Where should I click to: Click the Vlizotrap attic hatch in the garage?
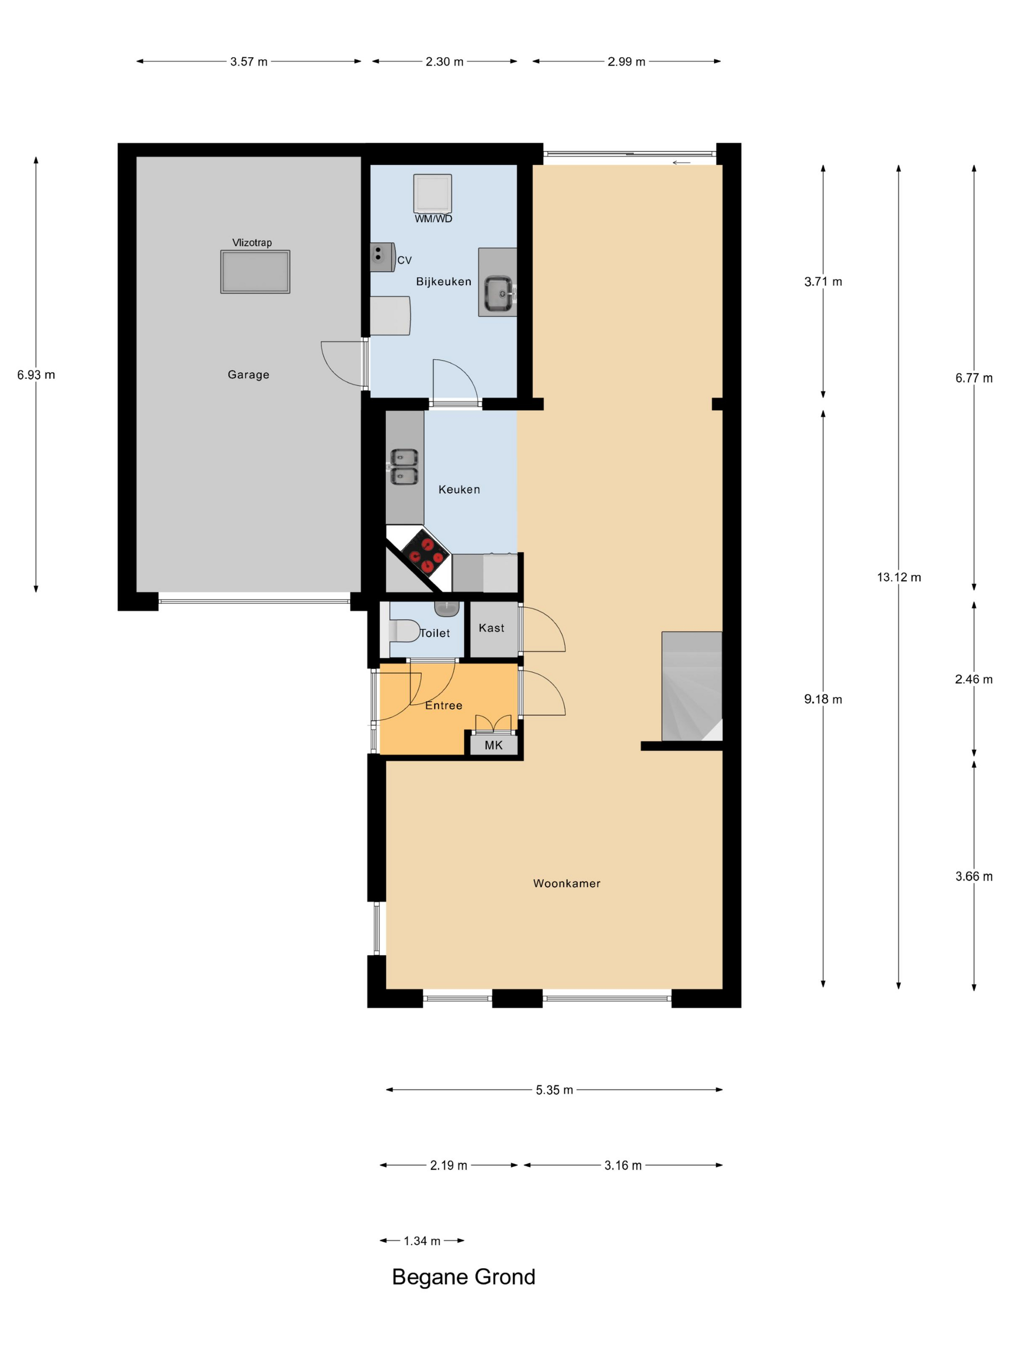[x=255, y=272]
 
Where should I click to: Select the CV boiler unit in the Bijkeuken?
[x=382, y=257]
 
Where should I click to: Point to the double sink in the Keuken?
[x=404, y=467]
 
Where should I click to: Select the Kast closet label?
[x=492, y=628]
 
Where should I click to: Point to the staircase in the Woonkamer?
[x=692, y=686]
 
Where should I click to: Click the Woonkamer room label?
[x=567, y=884]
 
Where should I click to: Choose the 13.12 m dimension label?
[x=898, y=577]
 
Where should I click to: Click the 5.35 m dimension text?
[x=554, y=1090]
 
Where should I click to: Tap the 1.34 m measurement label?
[x=422, y=1241]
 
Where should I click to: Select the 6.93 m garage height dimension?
[x=36, y=375]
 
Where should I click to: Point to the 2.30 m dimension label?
[x=444, y=62]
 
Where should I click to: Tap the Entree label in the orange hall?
[x=444, y=705]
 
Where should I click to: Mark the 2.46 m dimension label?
[x=973, y=679]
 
